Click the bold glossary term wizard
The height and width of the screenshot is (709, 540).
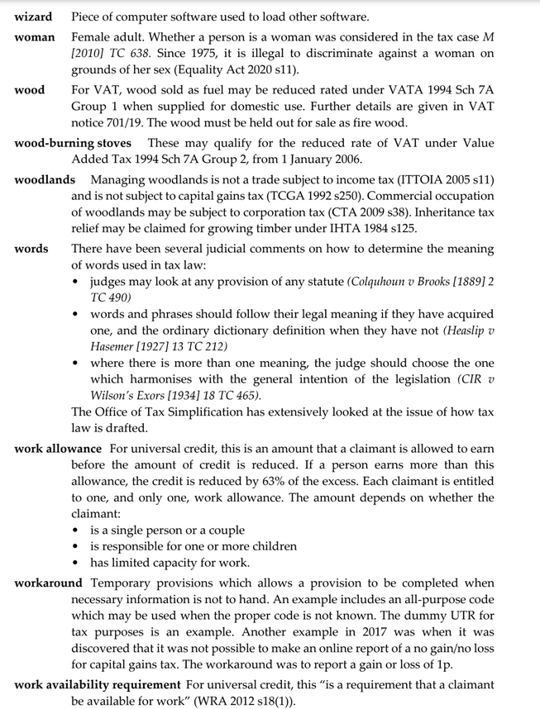tap(33, 17)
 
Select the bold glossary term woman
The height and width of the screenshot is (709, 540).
tap(35, 38)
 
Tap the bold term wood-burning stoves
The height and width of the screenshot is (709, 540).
tap(73, 143)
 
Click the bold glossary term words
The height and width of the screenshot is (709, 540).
tap(31, 249)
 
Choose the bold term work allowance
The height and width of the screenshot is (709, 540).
tap(58, 449)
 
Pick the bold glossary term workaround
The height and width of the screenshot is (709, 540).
tap(49, 583)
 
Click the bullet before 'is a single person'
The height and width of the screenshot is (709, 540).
tap(77, 531)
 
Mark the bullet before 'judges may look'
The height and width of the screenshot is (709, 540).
tap(77, 283)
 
